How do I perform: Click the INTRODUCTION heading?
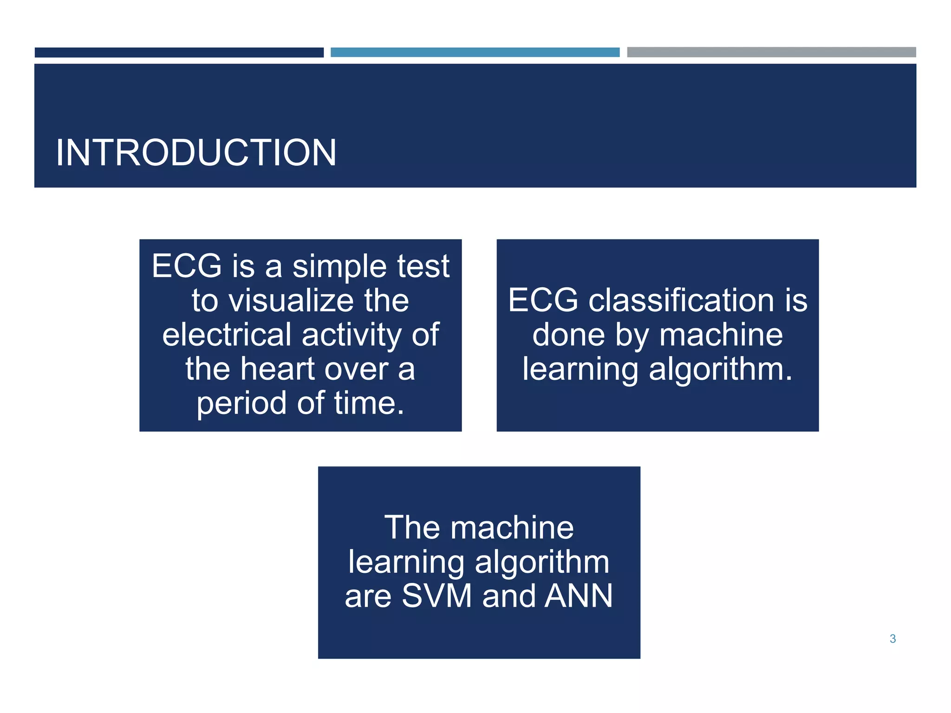tap(195, 153)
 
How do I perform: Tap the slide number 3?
tap(892, 639)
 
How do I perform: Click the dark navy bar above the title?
tap(179, 52)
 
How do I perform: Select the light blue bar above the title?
tap(475, 52)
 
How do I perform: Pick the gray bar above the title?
tap(771, 52)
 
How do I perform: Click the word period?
tap(241, 403)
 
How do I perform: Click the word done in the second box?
tap(568, 335)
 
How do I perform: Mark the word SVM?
tap(436, 596)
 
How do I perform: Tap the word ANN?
tap(579, 596)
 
